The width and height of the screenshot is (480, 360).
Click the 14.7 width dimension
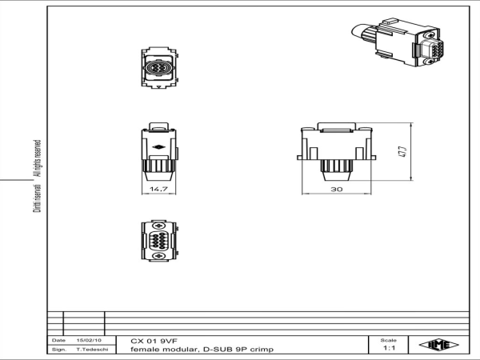click(x=158, y=189)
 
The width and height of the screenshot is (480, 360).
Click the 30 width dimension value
click(x=337, y=189)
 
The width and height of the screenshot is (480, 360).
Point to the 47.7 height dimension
click(x=402, y=152)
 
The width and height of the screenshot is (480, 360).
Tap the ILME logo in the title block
click(x=438, y=345)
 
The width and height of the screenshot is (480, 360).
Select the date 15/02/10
click(x=89, y=340)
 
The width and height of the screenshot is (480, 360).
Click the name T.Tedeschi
click(x=92, y=349)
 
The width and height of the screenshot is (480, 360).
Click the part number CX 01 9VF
click(x=154, y=341)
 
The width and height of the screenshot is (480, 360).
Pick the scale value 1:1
click(x=389, y=348)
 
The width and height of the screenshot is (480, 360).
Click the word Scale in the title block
click(x=389, y=340)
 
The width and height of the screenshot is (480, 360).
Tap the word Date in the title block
click(x=58, y=340)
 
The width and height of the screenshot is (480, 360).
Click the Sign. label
click(x=59, y=349)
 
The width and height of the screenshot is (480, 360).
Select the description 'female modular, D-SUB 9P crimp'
click(x=202, y=350)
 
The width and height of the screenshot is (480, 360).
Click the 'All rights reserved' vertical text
click(x=37, y=158)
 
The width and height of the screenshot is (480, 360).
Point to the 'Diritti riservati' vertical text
click(x=37, y=198)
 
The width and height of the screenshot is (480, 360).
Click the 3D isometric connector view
click(x=398, y=42)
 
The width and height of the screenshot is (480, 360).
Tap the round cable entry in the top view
click(x=158, y=68)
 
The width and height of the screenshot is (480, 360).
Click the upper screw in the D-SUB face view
click(x=158, y=226)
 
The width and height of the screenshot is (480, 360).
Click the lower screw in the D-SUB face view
click(x=158, y=256)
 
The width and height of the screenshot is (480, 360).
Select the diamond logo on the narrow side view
click(x=158, y=147)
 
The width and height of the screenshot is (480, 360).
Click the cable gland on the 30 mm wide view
click(x=337, y=170)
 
